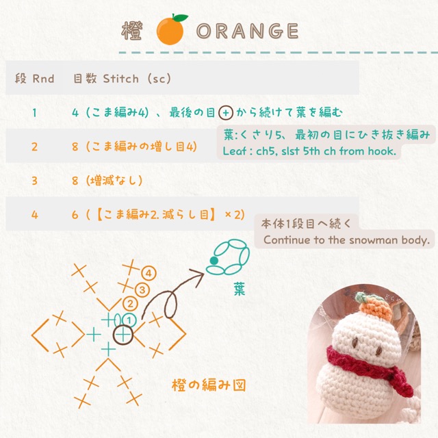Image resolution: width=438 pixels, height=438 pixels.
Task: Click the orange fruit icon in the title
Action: (171, 29)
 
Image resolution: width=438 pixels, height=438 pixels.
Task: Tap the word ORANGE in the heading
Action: (248, 31)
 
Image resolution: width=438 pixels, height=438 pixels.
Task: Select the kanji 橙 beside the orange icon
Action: (132, 30)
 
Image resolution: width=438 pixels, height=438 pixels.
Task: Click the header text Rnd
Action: (43, 79)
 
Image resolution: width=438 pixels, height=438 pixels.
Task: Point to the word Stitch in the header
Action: (120, 79)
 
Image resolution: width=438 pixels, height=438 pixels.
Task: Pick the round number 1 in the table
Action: (34, 113)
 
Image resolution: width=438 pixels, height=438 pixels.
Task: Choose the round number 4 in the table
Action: (35, 215)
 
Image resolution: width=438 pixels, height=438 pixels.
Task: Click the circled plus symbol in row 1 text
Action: (226, 113)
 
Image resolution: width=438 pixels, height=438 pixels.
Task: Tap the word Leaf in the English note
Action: (234, 151)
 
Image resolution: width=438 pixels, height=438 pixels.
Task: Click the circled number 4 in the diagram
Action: (149, 274)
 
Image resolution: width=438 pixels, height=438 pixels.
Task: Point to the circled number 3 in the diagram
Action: (142, 290)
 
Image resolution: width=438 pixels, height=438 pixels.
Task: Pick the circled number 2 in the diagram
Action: (130, 304)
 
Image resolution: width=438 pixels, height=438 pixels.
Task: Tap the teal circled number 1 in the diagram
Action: (129, 320)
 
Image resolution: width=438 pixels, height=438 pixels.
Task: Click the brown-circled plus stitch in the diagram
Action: (123, 335)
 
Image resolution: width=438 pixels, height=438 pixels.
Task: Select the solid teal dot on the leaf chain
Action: (214, 261)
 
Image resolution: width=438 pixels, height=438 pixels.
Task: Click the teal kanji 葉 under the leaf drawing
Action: (240, 289)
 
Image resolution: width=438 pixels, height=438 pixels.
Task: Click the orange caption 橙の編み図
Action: (209, 385)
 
